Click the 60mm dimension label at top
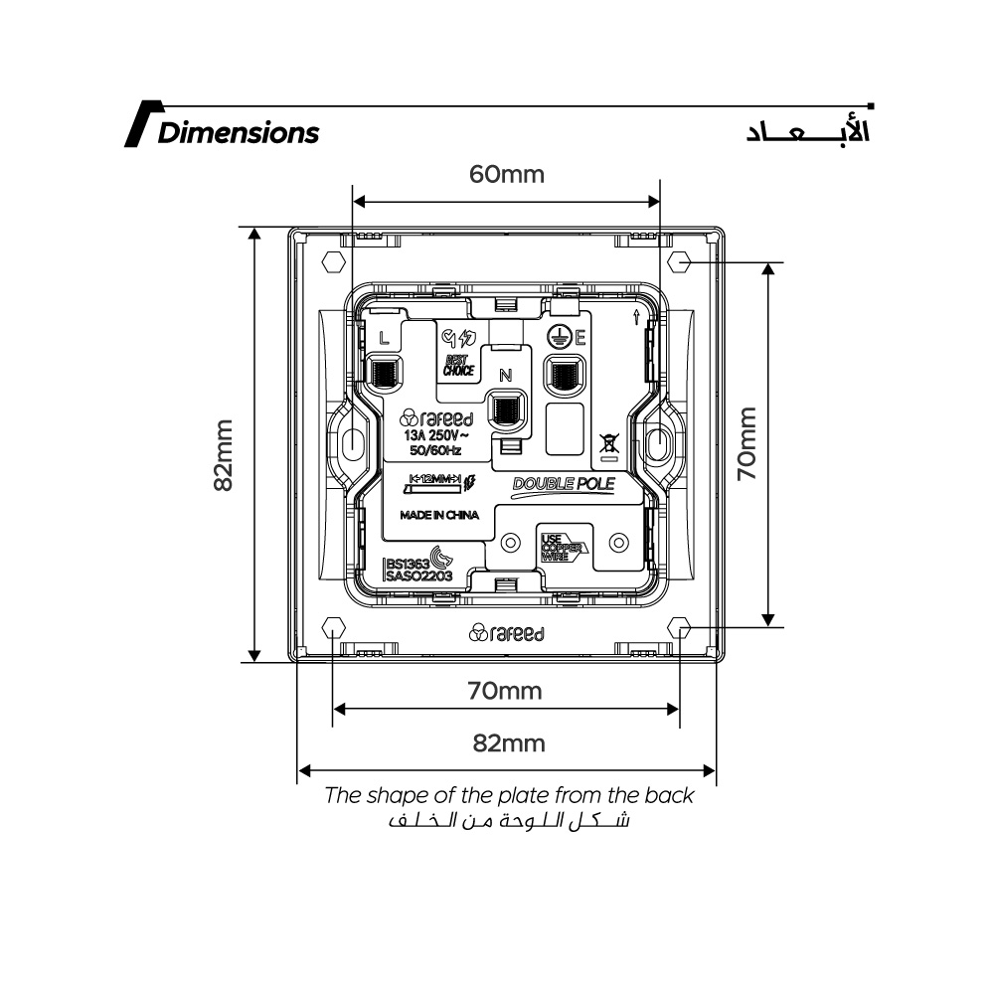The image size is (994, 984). pos(507,175)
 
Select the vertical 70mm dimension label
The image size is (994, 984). pos(747,443)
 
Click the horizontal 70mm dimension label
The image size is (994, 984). pos(506,691)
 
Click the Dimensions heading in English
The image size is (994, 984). pos(239,132)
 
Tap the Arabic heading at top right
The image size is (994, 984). pos(807,132)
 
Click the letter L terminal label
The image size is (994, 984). pos(384,337)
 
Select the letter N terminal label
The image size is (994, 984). pos(505,375)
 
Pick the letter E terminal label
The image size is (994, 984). pos(580,338)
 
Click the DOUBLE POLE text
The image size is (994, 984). pos(564,485)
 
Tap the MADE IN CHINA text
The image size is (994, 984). pos(439,516)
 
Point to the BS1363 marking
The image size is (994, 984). pos(406,562)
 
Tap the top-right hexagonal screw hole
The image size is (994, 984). pos(680,261)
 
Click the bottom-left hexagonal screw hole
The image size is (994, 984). pos(332,628)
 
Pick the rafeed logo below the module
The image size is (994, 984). pos(506,633)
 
